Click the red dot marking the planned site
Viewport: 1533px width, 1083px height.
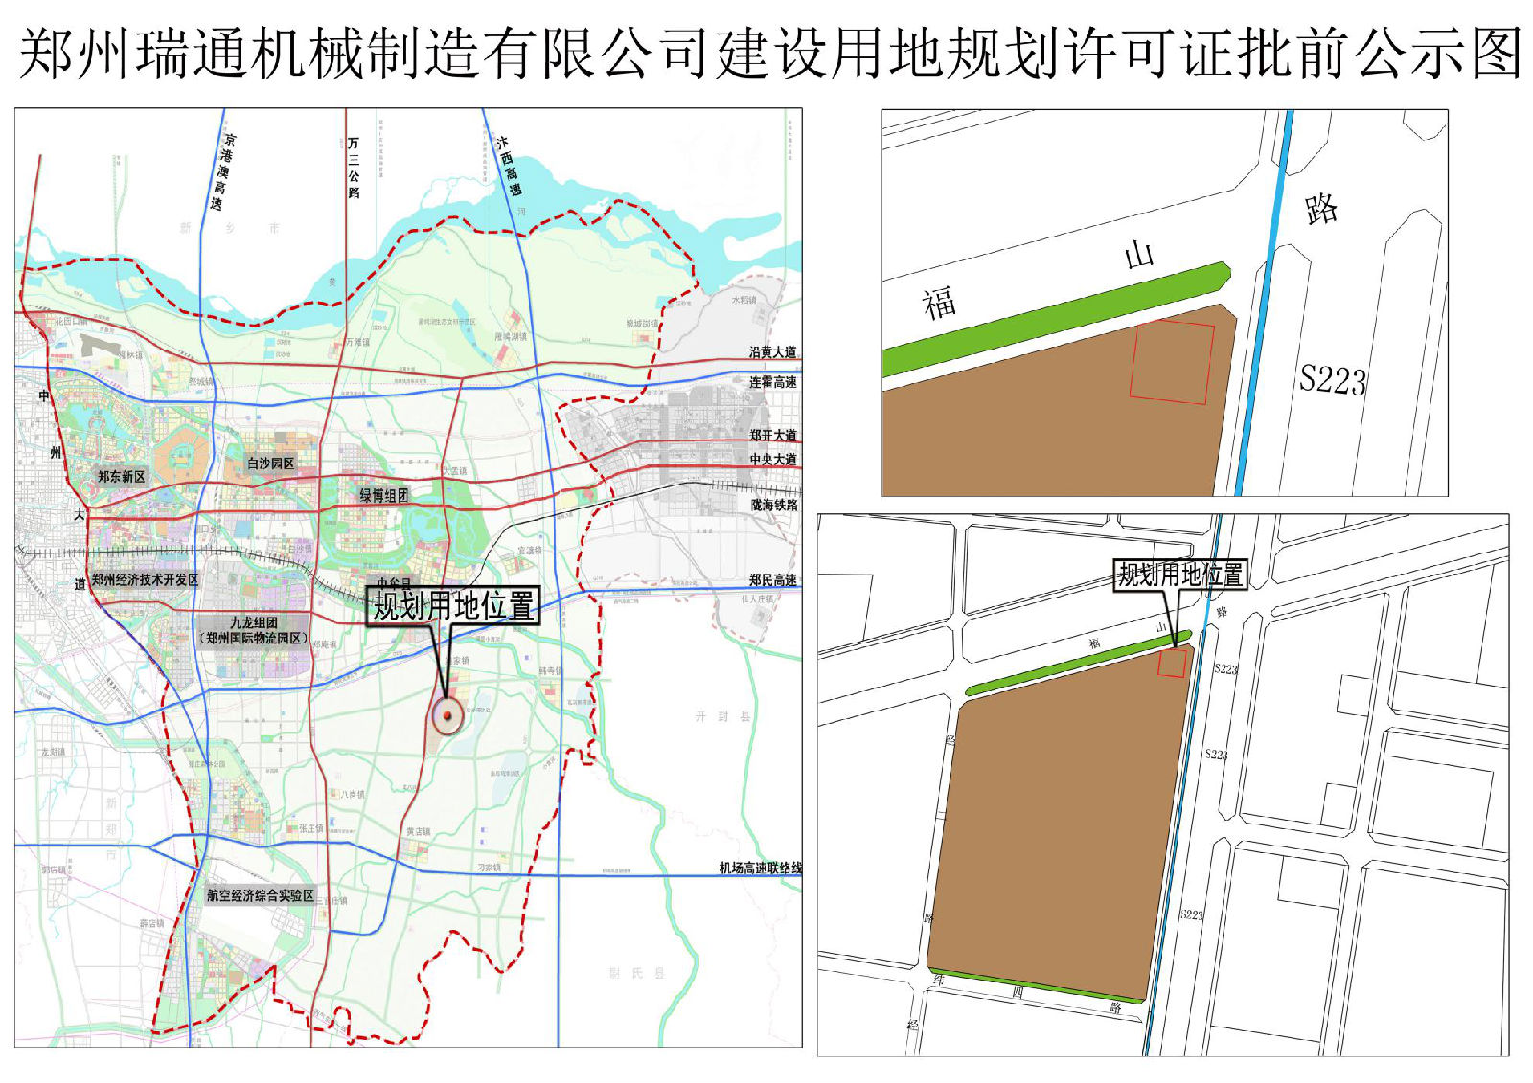point(447,714)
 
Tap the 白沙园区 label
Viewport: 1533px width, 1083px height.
point(271,463)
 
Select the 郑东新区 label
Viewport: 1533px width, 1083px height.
point(122,476)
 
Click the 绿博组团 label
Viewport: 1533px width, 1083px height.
point(383,495)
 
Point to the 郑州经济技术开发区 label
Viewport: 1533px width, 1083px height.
point(145,580)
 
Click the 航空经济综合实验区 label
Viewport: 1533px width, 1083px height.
point(261,896)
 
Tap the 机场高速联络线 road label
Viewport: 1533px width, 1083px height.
point(760,868)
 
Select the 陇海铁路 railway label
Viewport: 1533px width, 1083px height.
point(773,505)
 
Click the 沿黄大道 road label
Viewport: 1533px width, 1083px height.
point(772,352)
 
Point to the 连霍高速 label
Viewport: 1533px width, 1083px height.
point(772,382)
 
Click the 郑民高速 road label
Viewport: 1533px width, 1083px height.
point(772,579)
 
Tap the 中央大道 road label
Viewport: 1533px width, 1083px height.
point(772,460)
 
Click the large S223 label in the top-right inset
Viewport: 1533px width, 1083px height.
point(1332,380)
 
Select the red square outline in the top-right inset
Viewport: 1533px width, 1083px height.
point(1172,362)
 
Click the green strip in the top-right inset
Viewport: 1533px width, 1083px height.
point(1054,318)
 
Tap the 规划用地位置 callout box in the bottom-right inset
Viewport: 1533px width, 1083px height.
point(1180,575)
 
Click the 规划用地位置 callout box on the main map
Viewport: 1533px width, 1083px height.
point(453,606)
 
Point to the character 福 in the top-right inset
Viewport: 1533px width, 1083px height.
point(940,303)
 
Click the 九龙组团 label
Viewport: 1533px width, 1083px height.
point(253,623)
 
